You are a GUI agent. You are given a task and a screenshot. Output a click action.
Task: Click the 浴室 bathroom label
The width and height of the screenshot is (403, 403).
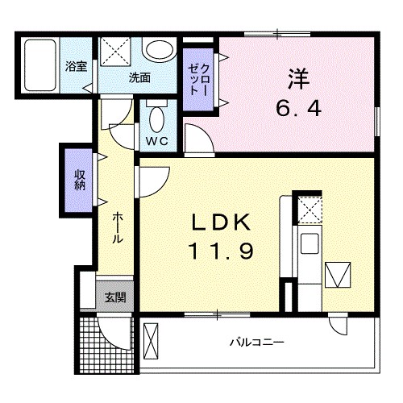pyautogui.click(x=77, y=68)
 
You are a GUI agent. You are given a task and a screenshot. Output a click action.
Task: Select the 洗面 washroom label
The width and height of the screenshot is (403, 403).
pyautogui.click(x=140, y=78)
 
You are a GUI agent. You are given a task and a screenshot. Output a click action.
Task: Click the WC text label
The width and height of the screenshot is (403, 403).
pyautogui.click(x=156, y=142)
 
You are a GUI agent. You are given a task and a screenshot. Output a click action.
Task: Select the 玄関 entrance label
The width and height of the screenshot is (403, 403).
pyautogui.click(x=114, y=296)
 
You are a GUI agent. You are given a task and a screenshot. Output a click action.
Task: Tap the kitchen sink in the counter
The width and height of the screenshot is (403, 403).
pyautogui.click(x=310, y=242)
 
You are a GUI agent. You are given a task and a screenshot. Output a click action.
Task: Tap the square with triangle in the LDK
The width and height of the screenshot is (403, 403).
pyautogui.click(x=339, y=275)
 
